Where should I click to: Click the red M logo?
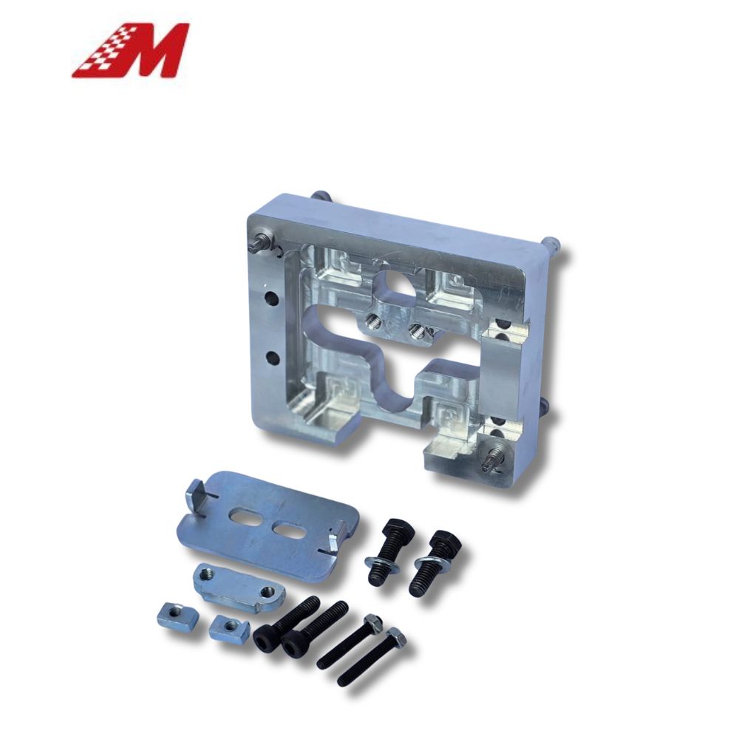click(130, 50)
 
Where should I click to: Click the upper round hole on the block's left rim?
click(271, 299)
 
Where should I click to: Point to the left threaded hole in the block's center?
click(372, 322)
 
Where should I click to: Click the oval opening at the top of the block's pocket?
click(394, 283)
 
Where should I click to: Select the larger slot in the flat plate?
click(245, 515)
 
